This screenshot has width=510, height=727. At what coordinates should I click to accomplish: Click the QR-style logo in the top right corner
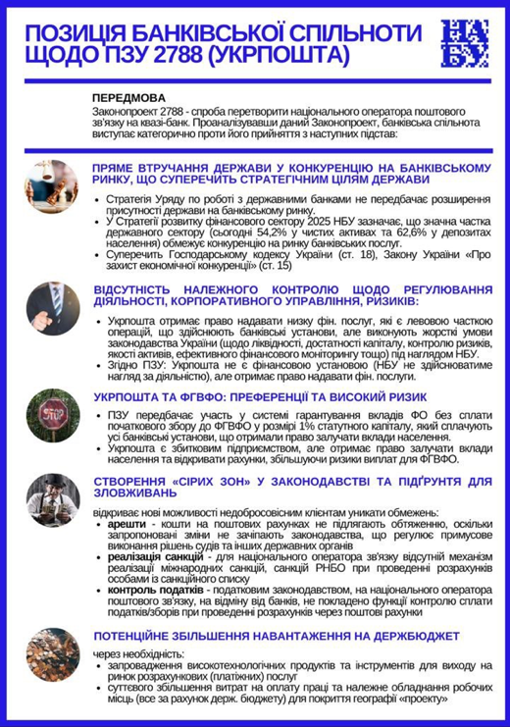[462, 41]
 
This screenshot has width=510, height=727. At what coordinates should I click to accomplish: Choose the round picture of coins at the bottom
[50, 629]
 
